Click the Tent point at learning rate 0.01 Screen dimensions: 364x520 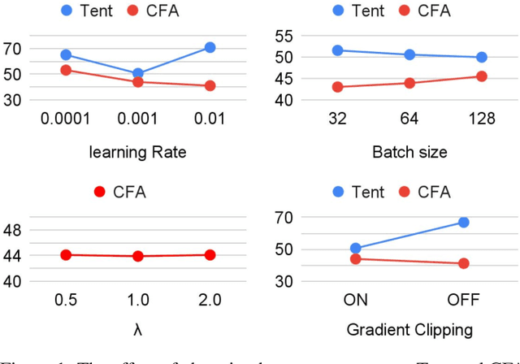[210, 48]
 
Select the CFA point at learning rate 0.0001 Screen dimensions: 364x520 [66, 70]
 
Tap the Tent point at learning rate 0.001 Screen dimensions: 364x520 [138, 74]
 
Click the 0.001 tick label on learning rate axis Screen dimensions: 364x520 [138, 119]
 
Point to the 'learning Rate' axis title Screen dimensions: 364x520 [138, 152]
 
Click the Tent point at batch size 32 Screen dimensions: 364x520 [338, 50]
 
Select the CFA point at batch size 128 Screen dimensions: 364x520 [481, 76]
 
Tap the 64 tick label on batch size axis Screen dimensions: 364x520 [409, 119]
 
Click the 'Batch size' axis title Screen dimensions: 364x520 [409, 152]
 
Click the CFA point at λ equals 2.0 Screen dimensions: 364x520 [210, 254]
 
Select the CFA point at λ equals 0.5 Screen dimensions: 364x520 [66, 254]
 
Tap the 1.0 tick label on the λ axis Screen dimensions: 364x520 [138, 301]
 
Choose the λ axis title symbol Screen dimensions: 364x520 [138, 329]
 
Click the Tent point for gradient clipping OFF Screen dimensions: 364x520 [463, 222]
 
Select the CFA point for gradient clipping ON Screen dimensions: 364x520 [356, 258]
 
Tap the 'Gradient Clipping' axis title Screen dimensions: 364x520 [409, 329]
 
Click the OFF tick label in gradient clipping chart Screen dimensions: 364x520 [463, 301]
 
